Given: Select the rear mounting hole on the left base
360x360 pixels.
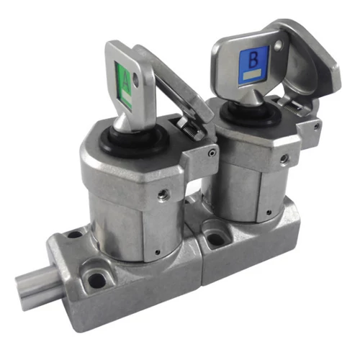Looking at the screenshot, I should (x=75, y=235).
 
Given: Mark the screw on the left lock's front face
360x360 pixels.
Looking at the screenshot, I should (x=164, y=194).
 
